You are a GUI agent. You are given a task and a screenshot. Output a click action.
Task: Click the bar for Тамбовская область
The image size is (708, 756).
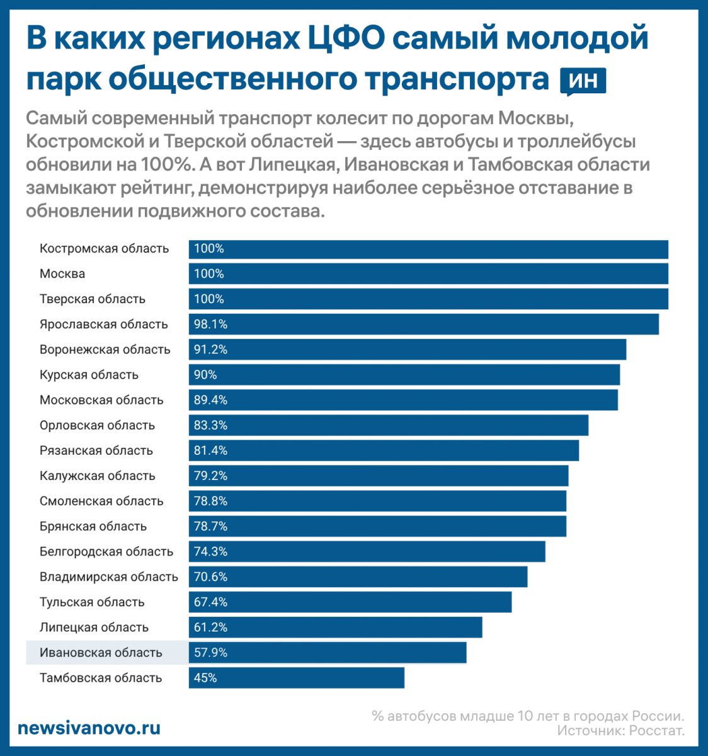296,678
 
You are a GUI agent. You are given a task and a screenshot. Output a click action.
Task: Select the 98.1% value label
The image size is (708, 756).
210,324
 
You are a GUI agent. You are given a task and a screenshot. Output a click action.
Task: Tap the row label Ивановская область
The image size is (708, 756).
101,653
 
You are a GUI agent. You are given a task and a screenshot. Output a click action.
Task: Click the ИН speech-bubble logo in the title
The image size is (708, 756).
583,81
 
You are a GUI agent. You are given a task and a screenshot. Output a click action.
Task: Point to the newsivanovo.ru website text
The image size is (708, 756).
89,728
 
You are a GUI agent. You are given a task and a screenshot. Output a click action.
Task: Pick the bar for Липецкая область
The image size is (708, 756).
335,627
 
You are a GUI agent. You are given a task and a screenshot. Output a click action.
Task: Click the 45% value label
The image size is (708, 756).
205,678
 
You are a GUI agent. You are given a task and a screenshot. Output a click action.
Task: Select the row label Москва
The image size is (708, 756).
62,274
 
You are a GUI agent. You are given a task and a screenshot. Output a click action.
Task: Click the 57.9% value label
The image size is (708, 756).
210,653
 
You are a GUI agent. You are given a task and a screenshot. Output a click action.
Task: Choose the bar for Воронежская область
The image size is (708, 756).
407,350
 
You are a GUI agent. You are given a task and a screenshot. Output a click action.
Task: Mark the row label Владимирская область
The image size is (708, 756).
109,577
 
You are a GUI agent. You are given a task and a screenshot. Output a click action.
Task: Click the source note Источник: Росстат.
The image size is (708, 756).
620,731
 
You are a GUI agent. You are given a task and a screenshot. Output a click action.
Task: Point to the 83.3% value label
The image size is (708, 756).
210,425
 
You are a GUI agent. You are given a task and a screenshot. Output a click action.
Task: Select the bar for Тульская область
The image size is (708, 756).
350,602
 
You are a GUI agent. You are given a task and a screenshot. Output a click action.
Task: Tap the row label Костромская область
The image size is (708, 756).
104,249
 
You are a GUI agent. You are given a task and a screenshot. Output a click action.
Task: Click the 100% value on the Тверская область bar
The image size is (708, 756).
209,299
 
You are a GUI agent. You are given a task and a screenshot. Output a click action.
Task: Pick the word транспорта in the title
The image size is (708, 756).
456,80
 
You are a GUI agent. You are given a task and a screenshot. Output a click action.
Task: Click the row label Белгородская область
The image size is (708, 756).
106,552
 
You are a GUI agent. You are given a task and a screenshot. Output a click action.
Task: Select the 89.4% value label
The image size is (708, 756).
210,400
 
